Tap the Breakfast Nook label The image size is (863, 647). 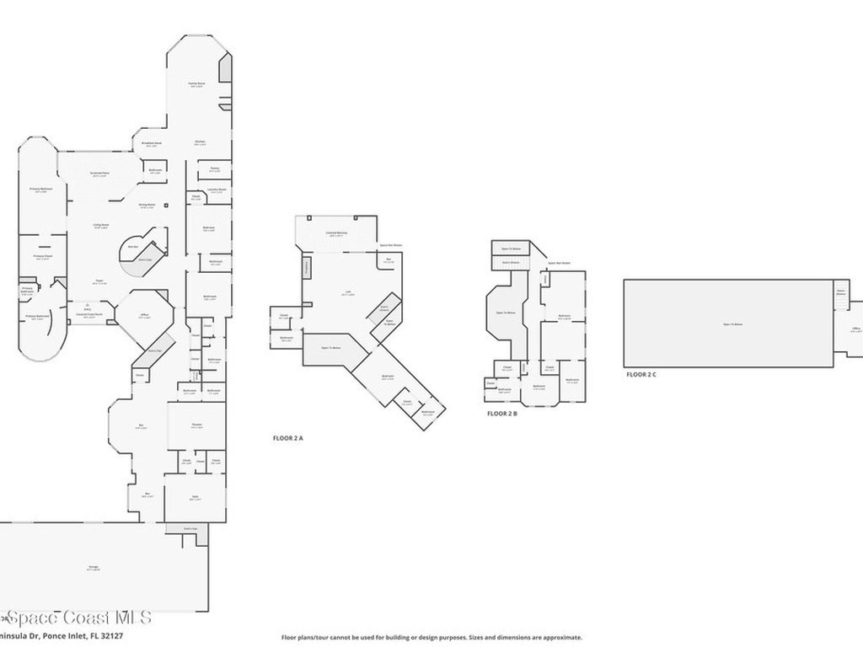click(152, 144)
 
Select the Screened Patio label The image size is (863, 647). click(99, 174)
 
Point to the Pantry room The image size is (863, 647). click(215, 169)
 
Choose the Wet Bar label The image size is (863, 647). click(132, 247)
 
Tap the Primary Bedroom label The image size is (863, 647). click(41, 190)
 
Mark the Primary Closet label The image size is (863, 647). click(43, 256)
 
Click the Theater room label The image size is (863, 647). click(196, 426)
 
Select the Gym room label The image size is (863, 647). click(195, 498)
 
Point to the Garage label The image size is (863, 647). click(93, 568)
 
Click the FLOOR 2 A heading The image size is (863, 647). click(287, 438)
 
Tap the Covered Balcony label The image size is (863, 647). click(337, 233)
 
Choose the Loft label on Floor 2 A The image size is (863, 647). click(348, 293)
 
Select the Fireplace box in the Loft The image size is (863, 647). click(307, 267)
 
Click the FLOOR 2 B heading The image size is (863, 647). click(502, 414)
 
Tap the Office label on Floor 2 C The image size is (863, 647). click(855, 329)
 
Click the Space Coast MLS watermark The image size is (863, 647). click(76, 618)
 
